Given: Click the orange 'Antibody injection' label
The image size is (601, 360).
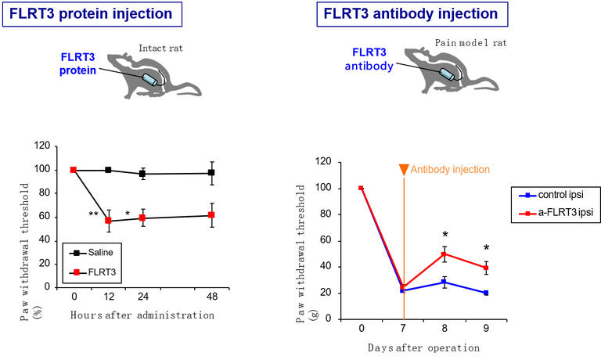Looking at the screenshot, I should click(450, 170).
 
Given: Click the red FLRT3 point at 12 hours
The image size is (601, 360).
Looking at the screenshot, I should click(109, 221).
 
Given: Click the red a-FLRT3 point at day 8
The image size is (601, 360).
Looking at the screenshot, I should click(444, 254).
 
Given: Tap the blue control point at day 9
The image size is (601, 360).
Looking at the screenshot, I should click(486, 293).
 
